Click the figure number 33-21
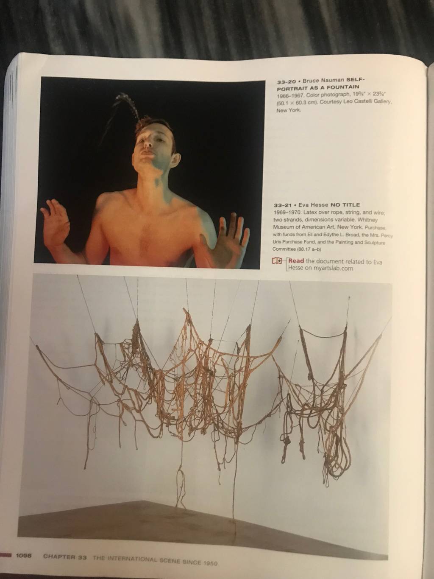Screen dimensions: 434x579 [283, 205]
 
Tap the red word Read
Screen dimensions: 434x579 [296, 261]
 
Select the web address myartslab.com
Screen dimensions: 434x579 [333, 268]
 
